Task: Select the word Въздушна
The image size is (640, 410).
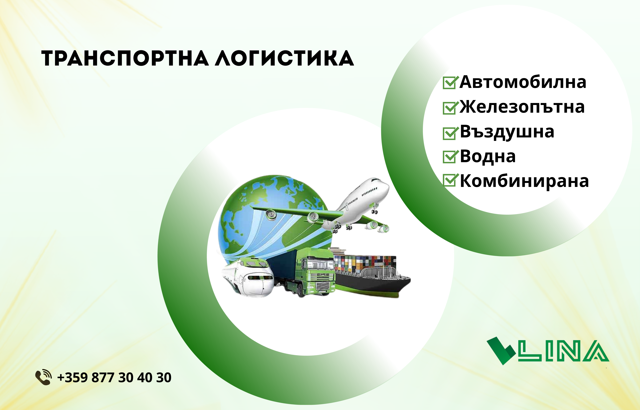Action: pos(507,132)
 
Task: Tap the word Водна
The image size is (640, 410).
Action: pos(488,157)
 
